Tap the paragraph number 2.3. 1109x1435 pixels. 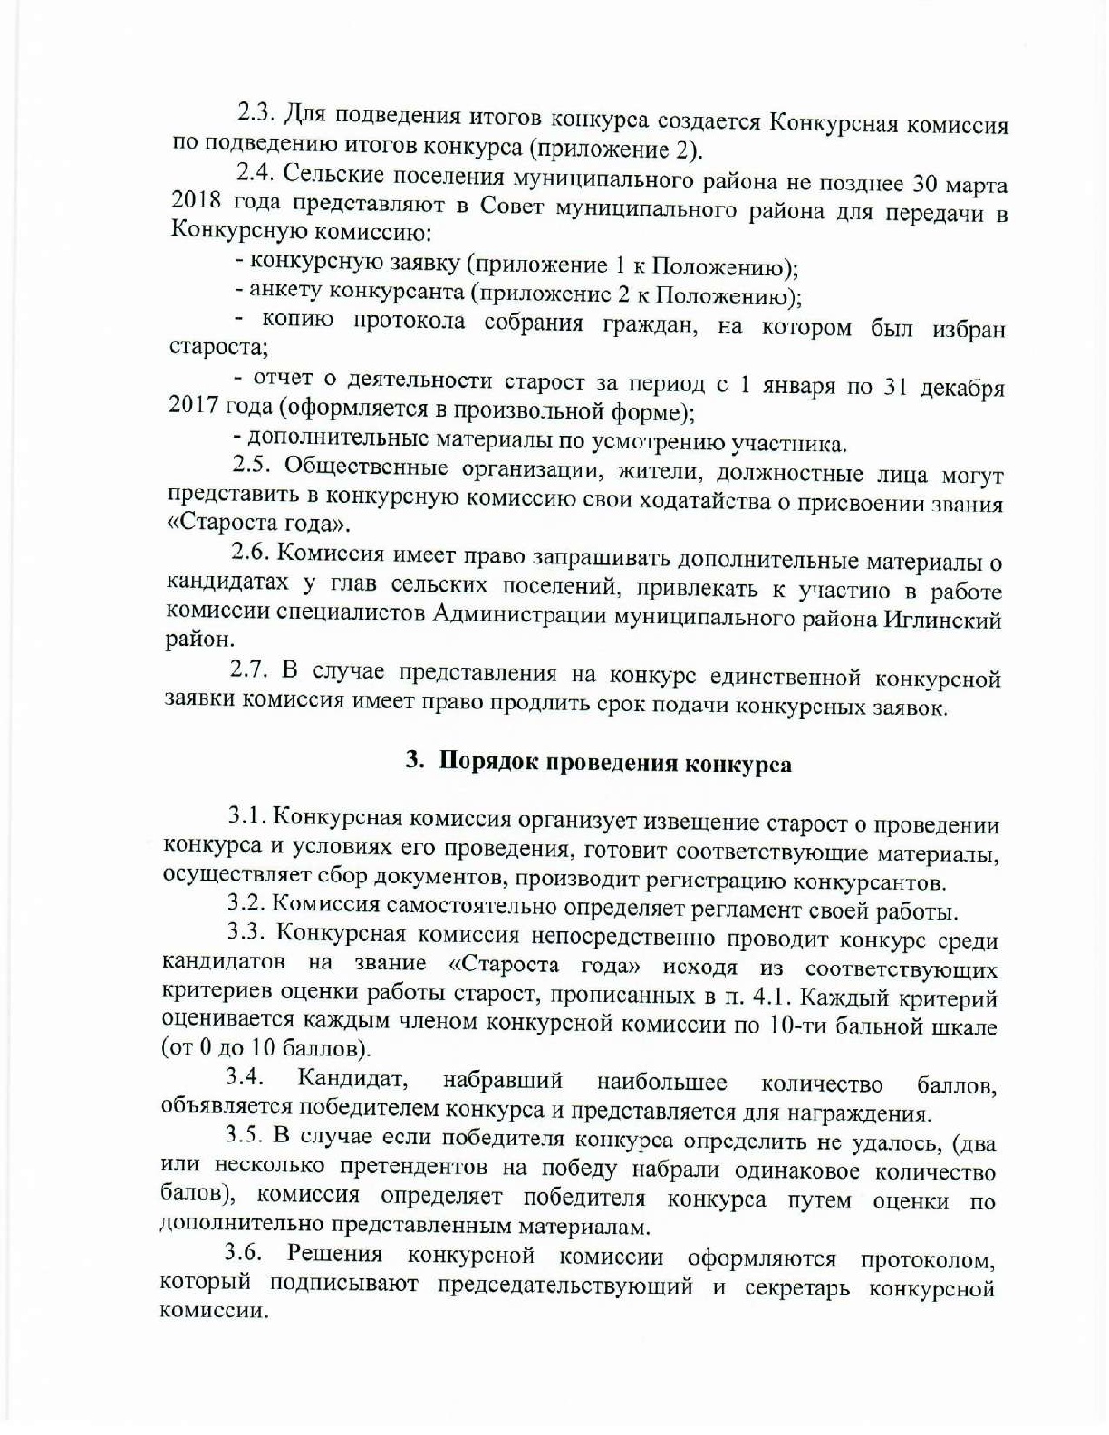(256, 112)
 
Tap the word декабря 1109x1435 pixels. (962, 388)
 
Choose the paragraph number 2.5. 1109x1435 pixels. (251, 466)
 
